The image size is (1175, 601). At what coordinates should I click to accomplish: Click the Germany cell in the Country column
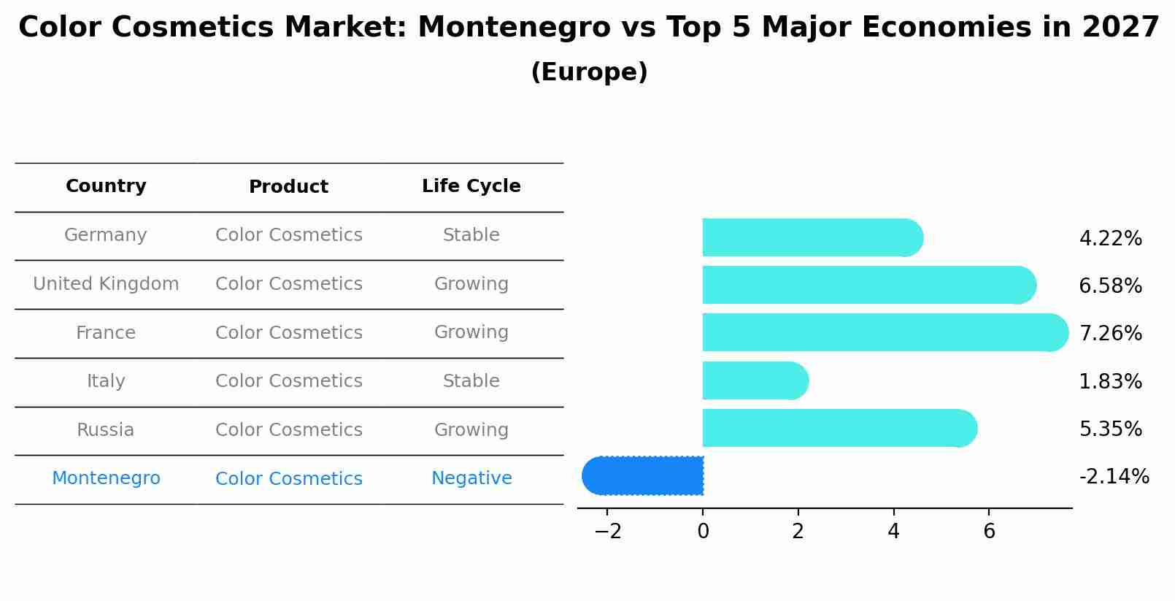pos(106,235)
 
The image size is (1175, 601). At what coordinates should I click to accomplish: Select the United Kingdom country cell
pos(106,284)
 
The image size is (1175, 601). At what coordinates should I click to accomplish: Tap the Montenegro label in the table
pos(106,478)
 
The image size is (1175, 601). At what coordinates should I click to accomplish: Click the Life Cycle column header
pos(471,186)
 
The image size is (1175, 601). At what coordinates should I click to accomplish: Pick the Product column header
pos(288,187)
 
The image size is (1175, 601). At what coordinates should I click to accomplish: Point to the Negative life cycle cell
pos(471,478)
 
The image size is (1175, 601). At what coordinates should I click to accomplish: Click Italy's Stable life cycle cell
pos(471,381)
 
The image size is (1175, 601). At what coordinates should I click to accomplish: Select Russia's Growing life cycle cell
pos(471,430)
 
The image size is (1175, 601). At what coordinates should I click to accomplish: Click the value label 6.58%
pos(1110,286)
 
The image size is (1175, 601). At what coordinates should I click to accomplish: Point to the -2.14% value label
pos(1114,477)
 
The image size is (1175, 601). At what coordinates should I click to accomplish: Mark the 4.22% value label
pos(1110,239)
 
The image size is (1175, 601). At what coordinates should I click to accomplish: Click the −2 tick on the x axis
pos(608,532)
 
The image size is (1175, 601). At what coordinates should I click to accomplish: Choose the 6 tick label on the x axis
pos(989,532)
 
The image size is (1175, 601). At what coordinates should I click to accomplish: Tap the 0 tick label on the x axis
pos(703,532)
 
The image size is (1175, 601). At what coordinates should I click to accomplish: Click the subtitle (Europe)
pos(589,72)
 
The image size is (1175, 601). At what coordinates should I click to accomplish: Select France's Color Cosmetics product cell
pos(288,333)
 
